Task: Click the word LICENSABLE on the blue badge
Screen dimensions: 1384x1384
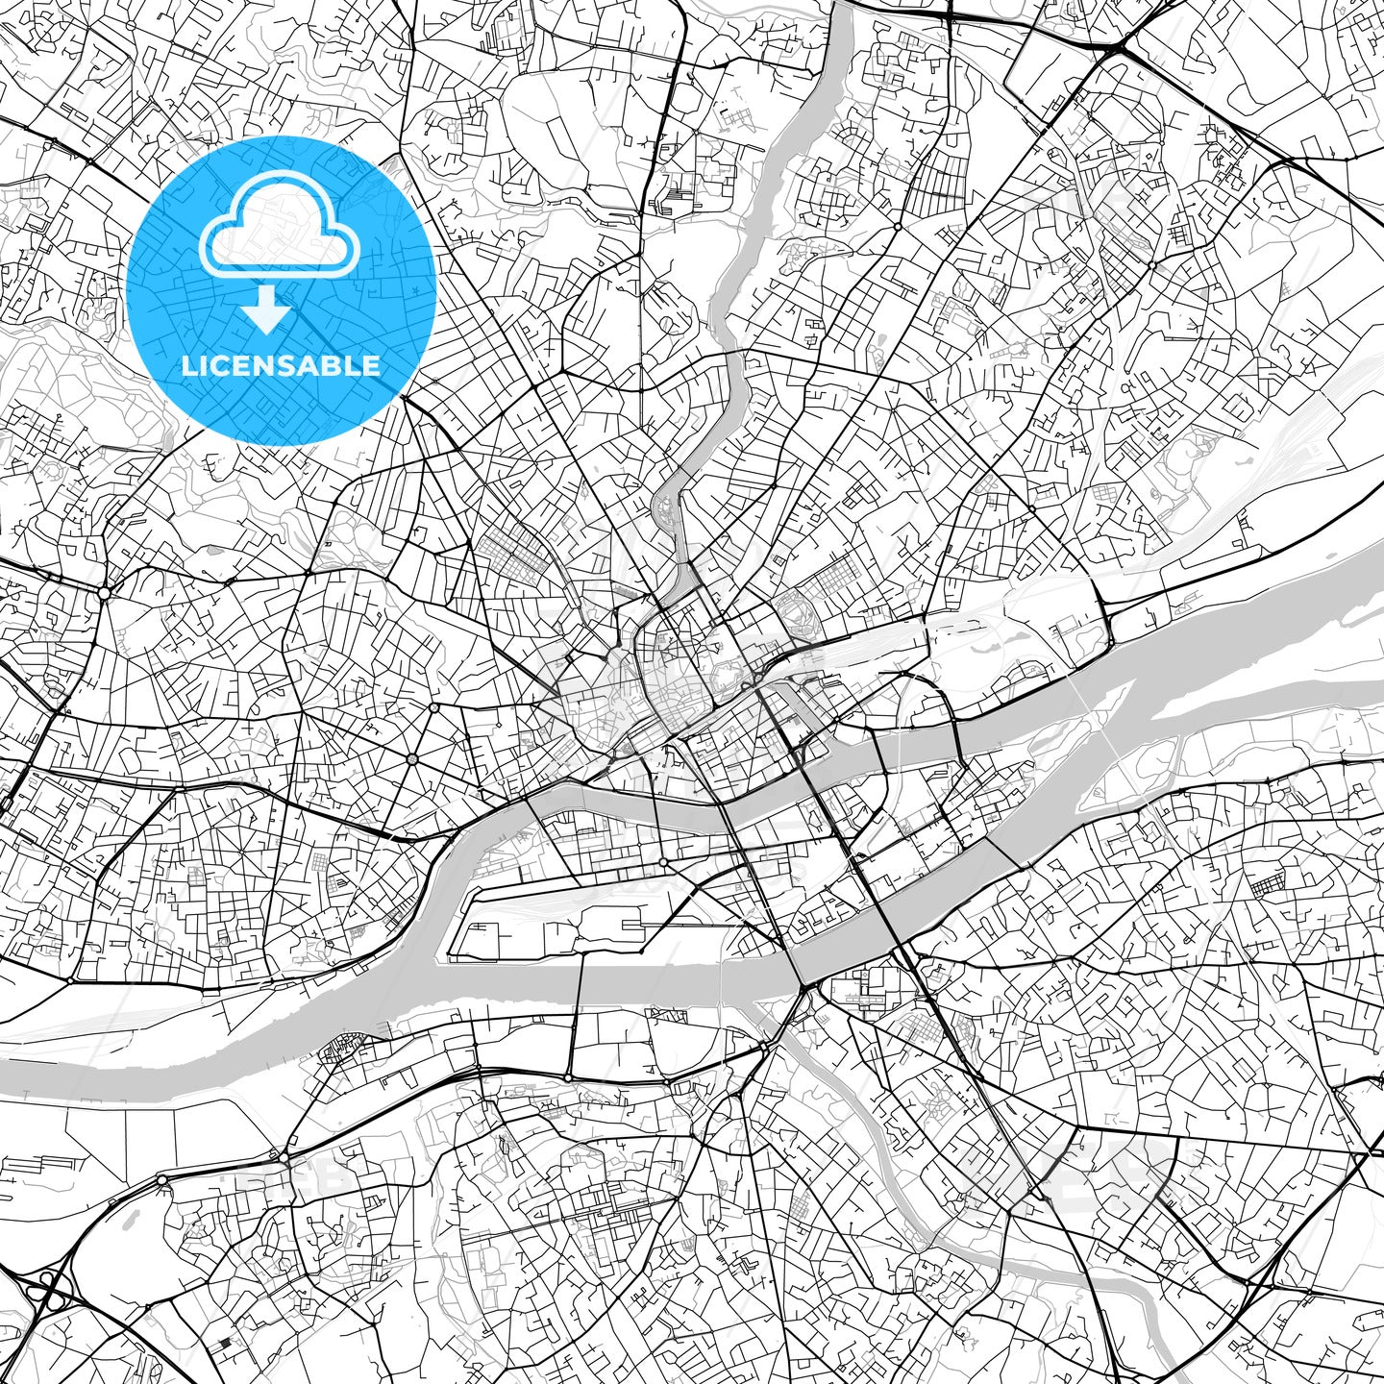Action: tap(281, 365)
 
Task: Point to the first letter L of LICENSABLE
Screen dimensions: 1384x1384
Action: tap(187, 365)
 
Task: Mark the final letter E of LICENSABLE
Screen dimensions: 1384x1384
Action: tap(373, 365)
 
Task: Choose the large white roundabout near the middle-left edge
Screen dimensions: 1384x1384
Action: tap(103, 593)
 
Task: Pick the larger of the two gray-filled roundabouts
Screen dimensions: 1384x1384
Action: tap(411, 759)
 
